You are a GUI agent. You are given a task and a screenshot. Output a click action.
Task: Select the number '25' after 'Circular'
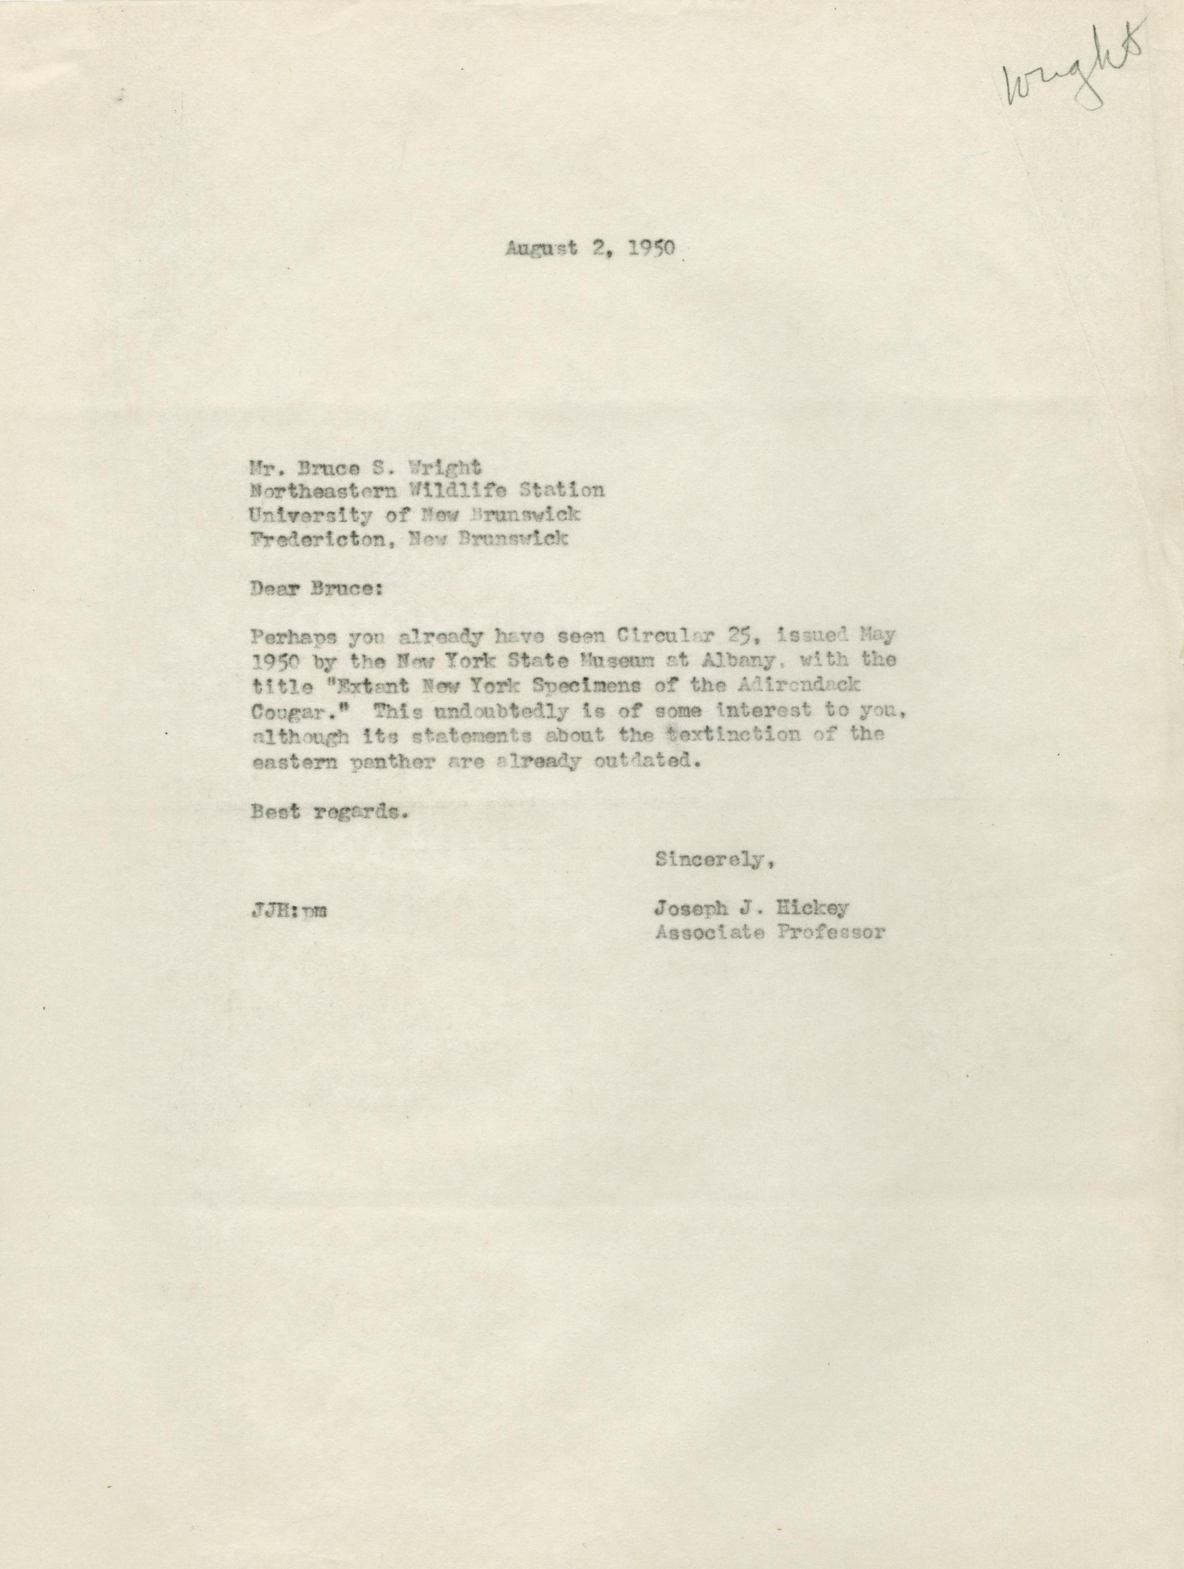click(728, 637)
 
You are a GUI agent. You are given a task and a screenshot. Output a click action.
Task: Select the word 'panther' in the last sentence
click(376, 761)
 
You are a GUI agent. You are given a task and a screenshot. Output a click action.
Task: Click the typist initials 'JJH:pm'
click(288, 911)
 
